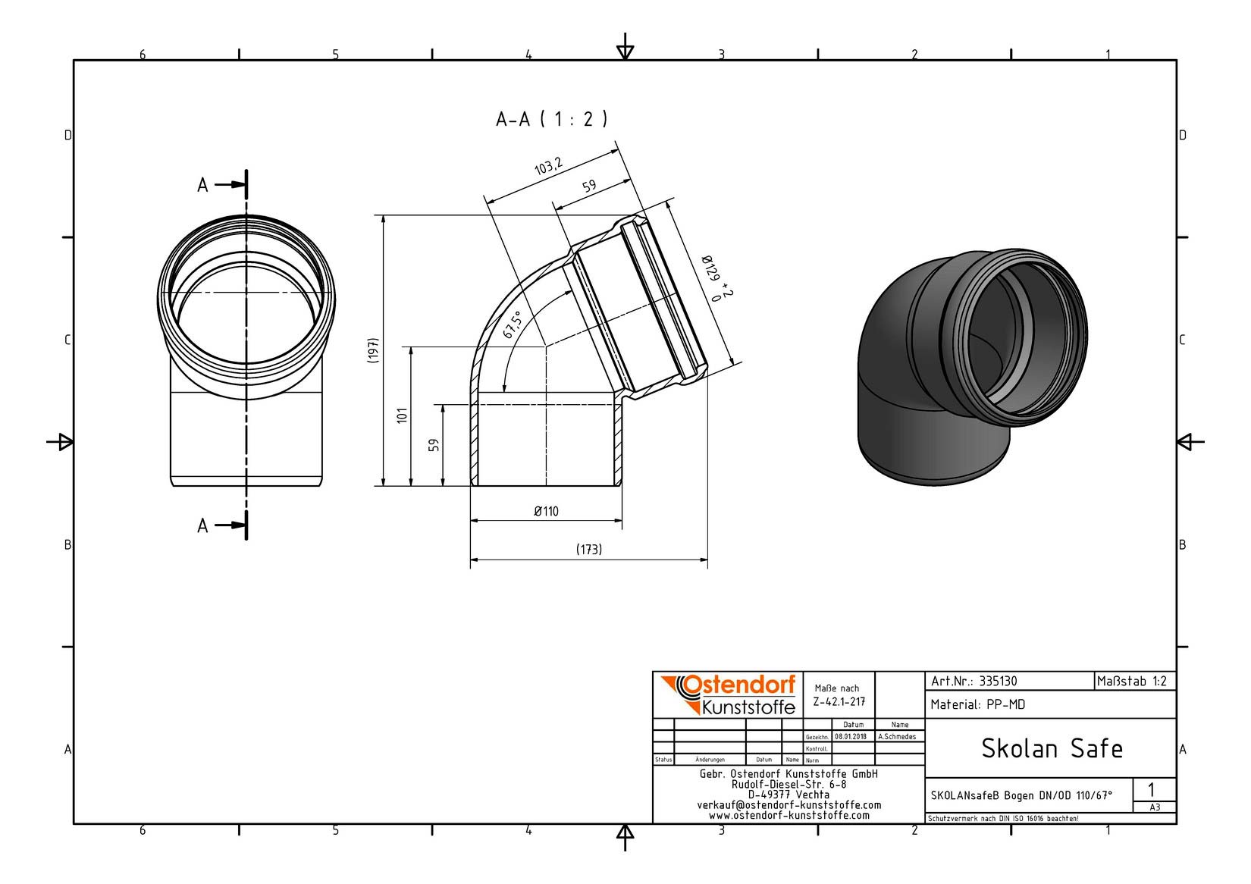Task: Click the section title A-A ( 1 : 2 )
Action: coord(551,119)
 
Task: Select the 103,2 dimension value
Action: coord(548,166)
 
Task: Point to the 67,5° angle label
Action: coord(512,325)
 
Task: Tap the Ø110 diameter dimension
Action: coord(546,511)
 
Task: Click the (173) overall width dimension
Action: coord(588,550)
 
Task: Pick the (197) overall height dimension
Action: coord(373,351)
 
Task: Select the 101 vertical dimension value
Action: coord(402,415)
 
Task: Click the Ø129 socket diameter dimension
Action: coord(716,277)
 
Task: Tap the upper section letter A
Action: coord(202,185)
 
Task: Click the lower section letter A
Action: coord(202,525)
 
